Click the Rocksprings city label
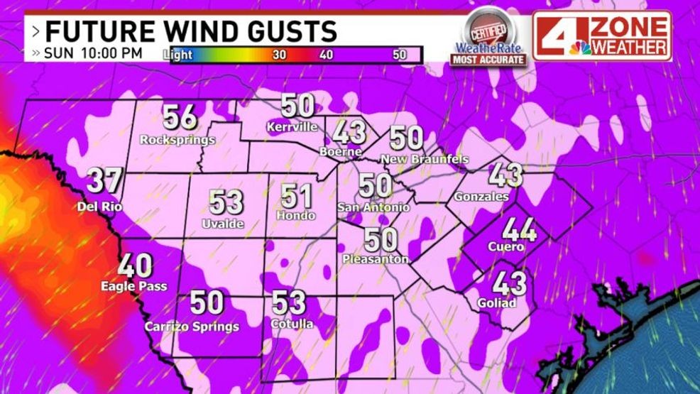pos(177,139)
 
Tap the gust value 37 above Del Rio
pos(104,182)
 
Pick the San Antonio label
pos(373,207)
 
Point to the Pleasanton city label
pos(376,260)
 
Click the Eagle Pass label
pos(134,287)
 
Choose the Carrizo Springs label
pos(192,327)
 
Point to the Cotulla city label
pos(292,324)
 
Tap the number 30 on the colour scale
pos(279,55)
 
